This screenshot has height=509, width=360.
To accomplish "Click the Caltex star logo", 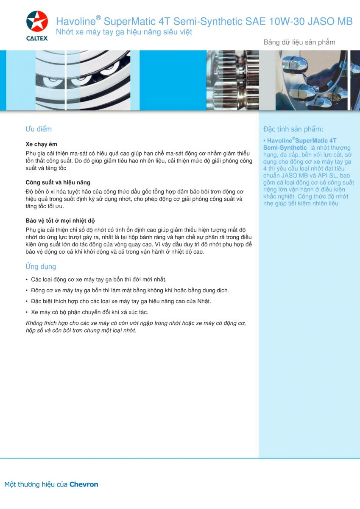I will coord(37,22).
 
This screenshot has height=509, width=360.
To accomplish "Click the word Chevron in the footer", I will coord(84,484).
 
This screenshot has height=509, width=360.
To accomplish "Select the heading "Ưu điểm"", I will coord(39,129).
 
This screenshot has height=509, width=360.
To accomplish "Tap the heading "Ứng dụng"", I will coord(41,267).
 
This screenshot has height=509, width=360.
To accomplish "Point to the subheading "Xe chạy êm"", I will coord(41,144).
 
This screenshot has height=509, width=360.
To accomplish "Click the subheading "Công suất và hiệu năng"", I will coord(58,182).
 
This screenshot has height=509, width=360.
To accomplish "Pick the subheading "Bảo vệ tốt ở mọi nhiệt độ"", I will coord(60,221).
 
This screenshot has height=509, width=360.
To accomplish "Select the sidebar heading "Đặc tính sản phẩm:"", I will coord(293,129).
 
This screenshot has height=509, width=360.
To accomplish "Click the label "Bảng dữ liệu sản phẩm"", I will coord(299,42).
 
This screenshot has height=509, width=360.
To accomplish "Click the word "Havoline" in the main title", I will coord(75,22).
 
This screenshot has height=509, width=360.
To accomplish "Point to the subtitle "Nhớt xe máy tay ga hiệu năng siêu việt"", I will coord(124,32).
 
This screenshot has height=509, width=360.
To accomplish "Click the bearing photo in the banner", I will coord(82,80).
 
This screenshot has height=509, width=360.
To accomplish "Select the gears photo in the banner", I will coord(232,80).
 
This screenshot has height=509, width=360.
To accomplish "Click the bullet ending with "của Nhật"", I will coord(121,301).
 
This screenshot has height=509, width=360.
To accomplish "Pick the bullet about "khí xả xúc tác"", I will coord(89,312).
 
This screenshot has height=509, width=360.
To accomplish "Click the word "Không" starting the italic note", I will coord(34,323).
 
